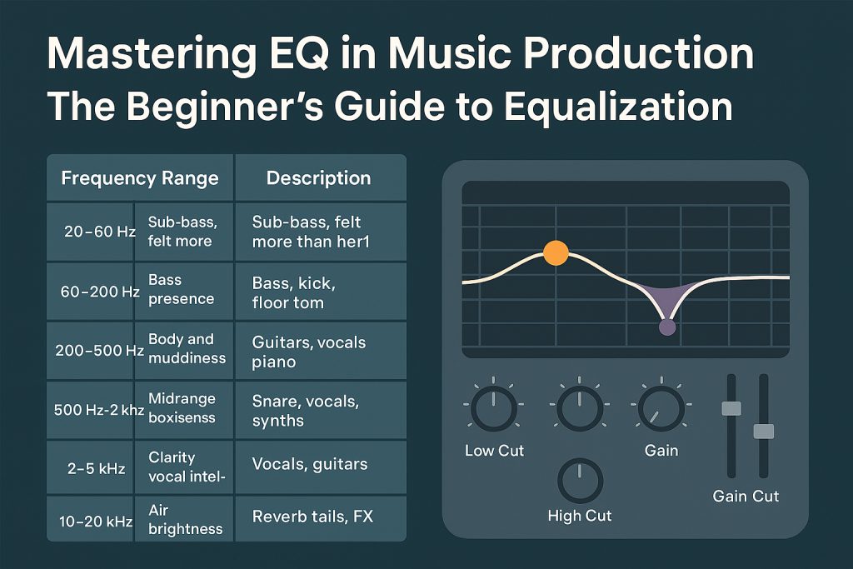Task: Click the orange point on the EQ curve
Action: pos(556,253)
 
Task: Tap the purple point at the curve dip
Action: pos(667,327)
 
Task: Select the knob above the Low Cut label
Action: pos(493,408)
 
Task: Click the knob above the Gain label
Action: pos(661,408)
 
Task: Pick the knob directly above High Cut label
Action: pos(580,481)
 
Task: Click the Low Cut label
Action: pos(494,451)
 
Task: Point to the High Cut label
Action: pos(580,516)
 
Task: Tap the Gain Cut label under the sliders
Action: pos(746,497)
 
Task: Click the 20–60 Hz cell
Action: pos(90,232)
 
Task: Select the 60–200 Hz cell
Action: pos(90,292)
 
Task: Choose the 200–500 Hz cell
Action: pos(90,351)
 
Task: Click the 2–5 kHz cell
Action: pos(90,468)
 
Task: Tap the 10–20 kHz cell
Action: pos(90,520)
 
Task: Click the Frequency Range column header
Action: pos(140,178)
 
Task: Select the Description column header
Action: pos(321,178)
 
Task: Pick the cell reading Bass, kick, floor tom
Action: pos(321,292)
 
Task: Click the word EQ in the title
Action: pos(294,53)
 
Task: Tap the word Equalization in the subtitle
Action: pos(618,107)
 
